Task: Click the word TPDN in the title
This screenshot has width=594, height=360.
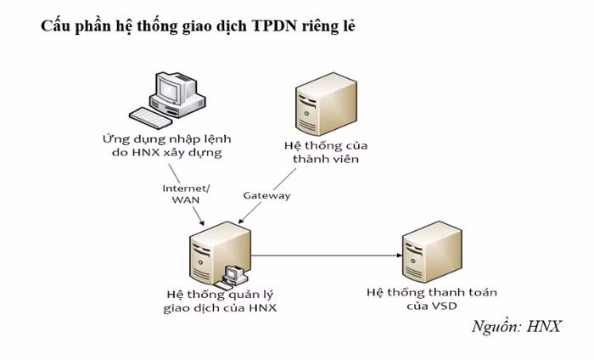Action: (x=273, y=26)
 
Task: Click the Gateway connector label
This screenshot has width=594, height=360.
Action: (x=266, y=196)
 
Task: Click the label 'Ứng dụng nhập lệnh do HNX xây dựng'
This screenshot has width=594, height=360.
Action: (x=167, y=145)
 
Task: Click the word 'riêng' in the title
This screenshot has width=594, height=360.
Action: (x=318, y=26)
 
